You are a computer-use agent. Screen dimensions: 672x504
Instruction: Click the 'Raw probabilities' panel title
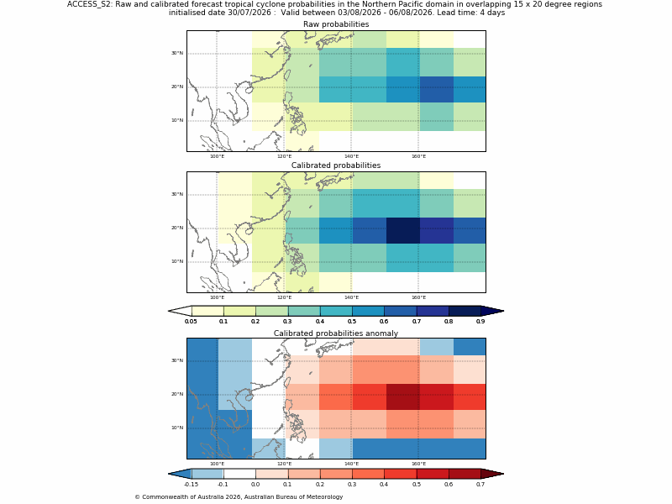[x=336, y=24]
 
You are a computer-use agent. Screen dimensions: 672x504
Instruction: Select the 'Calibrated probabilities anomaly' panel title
[x=336, y=333]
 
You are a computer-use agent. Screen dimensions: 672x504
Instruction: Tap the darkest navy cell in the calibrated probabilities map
[x=403, y=230]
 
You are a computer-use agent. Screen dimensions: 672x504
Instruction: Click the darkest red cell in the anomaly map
[x=403, y=396]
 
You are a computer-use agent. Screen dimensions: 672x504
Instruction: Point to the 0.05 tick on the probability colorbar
[x=191, y=321]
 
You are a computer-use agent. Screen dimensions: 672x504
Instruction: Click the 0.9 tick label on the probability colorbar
[x=480, y=321]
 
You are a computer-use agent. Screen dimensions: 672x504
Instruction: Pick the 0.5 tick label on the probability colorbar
[x=352, y=321]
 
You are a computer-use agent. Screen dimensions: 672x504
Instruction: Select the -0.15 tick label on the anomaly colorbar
[x=191, y=485]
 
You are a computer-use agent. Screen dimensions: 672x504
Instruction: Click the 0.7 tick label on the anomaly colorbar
[x=480, y=485]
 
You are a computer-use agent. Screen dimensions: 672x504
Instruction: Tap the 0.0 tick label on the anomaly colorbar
[x=255, y=485]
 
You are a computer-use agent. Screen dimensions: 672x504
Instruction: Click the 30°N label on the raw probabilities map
[x=177, y=53]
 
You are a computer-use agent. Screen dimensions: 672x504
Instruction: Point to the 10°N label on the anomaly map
[x=177, y=428]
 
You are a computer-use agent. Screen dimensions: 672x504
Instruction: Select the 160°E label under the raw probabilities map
[x=418, y=156]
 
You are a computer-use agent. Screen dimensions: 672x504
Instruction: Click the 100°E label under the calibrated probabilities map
[x=217, y=298]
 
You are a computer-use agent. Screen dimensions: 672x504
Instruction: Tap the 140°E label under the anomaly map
[x=351, y=465]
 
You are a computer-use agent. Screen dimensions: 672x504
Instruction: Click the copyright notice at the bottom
[x=239, y=497]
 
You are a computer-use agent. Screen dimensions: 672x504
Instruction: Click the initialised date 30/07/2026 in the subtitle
[x=249, y=13]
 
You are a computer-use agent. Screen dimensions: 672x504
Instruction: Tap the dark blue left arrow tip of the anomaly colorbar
[x=169, y=474]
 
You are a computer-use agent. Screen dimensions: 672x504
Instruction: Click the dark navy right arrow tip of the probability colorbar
[x=503, y=311]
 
